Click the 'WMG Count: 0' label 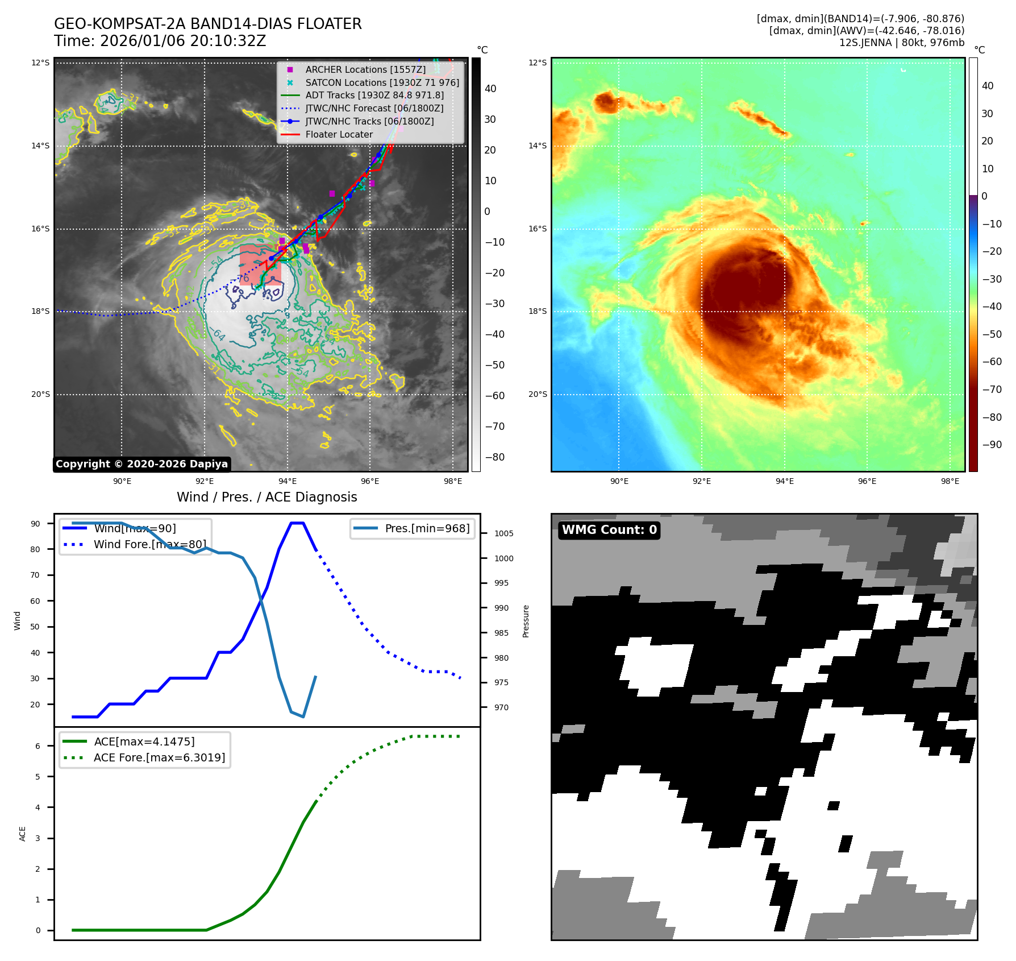[x=609, y=530]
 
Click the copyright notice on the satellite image [x=141, y=464]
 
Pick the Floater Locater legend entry [x=339, y=134]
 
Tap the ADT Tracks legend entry [x=374, y=95]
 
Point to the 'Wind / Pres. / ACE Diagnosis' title [x=267, y=497]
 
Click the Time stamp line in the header [x=160, y=41]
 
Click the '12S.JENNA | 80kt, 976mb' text [x=901, y=43]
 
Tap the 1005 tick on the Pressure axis [x=503, y=533]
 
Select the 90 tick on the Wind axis [x=35, y=524]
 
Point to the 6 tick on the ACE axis [x=38, y=746]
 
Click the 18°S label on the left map [x=40, y=312]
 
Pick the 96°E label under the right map [x=867, y=481]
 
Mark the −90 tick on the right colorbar [x=992, y=445]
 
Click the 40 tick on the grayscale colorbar [x=490, y=89]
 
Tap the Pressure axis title [x=526, y=621]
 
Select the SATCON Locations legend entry [x=382, y=82]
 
